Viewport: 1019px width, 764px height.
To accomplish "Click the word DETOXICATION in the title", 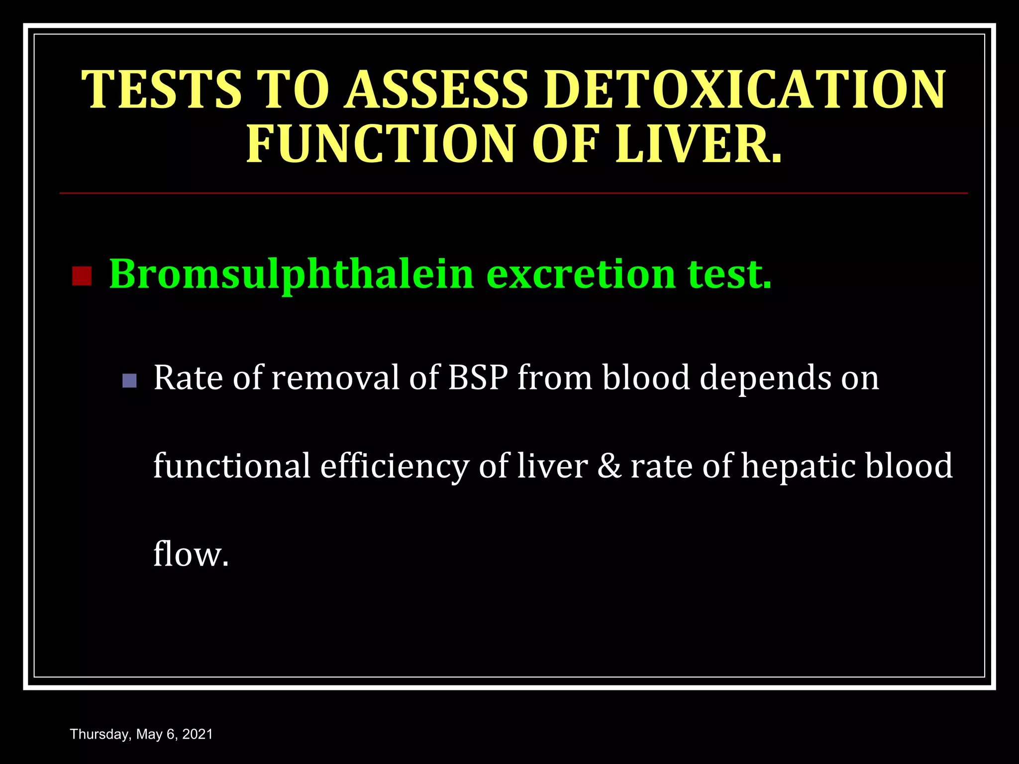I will tap(745, 90).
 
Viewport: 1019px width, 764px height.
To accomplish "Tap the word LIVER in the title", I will tap(698, 144).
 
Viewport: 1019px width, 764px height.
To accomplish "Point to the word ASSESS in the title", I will tap(436, 90).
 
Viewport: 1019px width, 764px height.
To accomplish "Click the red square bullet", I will tap(82, 276).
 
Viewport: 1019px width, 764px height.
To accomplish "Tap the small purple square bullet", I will tap(129, 381).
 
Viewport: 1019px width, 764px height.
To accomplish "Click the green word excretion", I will tap(581, 275).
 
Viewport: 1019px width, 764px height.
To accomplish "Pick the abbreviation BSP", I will tap(478, 378).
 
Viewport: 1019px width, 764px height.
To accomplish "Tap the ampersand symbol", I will tap(609, 466).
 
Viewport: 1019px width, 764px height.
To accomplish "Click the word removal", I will tap(336, 378).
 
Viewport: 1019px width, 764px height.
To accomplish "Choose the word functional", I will tap(232, 467).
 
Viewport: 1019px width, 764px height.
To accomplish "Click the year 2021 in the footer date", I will tap(198, 734).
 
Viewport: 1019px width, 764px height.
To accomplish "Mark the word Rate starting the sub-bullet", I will tap(188, 378).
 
